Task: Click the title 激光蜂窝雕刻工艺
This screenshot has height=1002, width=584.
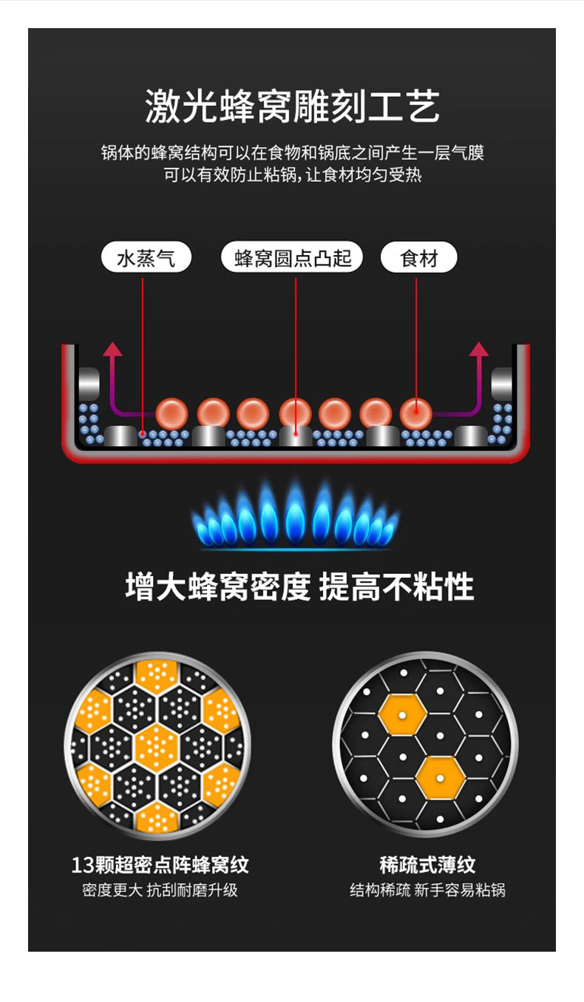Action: pyautogui.click(x=292, y=106)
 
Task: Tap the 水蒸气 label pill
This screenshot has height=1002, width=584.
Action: pyautogui.click(x=146, y=257)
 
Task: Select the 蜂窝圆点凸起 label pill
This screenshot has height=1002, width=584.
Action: pyautogui.click(x=292, y=257)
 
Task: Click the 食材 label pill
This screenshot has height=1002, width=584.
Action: pyautogui.click(x=419, y=257)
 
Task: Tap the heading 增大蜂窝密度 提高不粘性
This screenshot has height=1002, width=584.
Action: pyautogui.click(x=299, y=586)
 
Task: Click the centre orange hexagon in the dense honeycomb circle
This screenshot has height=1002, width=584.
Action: pyautogui.click(x=157, y=747)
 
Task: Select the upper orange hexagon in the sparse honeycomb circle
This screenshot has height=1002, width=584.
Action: pyautogui.click(x=402, y=715)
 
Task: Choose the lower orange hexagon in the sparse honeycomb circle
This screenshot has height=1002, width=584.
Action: pyautogui.click(x=440, y=779)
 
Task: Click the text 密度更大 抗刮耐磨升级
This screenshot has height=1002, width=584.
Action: pyautogui.click(x=160, y=890)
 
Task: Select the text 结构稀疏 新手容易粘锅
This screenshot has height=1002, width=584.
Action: pyautogui.click(x=427, y=890)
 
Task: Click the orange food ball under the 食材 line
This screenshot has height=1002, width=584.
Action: pyautogui.click(x=416, y=413)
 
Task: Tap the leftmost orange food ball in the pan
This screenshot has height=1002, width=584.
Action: pyautogui.click(x=172, y=413)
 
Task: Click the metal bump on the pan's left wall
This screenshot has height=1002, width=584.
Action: pyautogui.click(x=89, y=383)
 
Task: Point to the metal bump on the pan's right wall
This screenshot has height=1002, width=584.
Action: pyautogui.click(x=502, y=383)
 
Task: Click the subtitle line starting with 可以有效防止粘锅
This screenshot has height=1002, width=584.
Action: pyautogui.click(x=293, y=175)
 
